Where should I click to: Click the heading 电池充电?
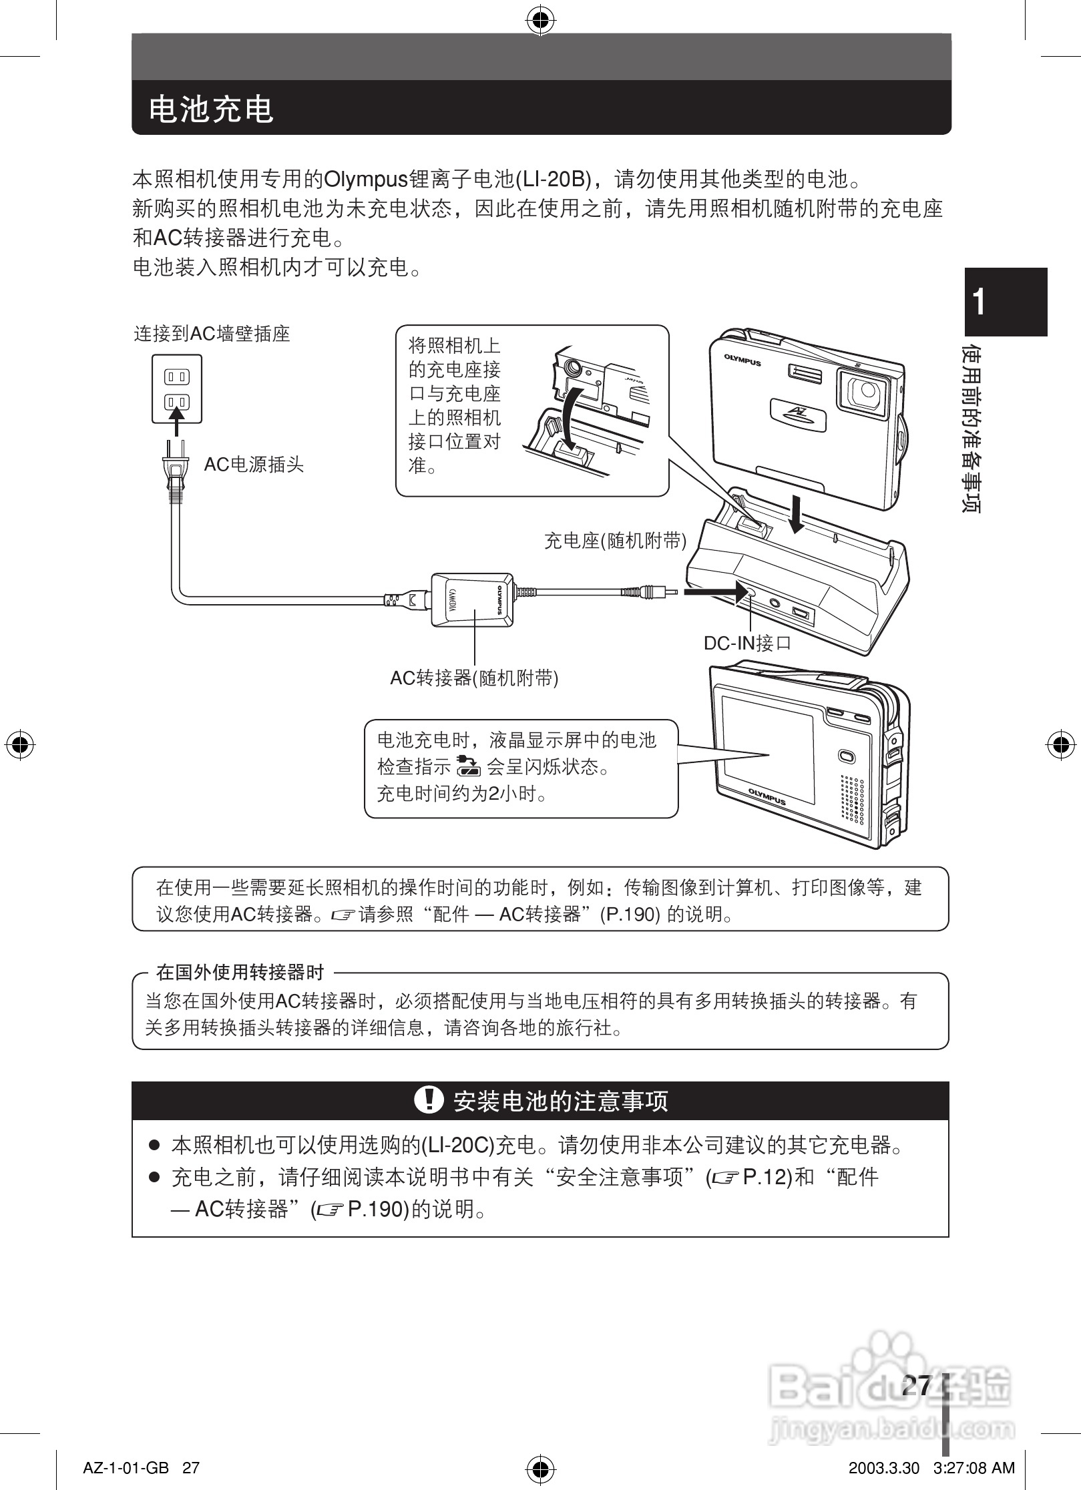click(211, 109)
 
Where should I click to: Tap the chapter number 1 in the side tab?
click(979, 302)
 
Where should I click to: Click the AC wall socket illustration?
click(177, 389)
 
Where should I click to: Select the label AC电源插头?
click(254, 465)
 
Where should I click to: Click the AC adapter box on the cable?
click(473, 599)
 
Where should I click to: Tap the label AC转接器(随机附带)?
click(474, 678)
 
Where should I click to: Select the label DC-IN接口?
click(747, 643)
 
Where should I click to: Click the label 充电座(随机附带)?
click(615, 541)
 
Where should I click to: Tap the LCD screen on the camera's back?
click(768, 748)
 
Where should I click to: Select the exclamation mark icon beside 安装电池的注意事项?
click(429, 1099)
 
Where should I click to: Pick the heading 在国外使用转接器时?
click(240, 972)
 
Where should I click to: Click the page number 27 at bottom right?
click(916, 1385)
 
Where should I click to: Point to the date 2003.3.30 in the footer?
click(883, 1468)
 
